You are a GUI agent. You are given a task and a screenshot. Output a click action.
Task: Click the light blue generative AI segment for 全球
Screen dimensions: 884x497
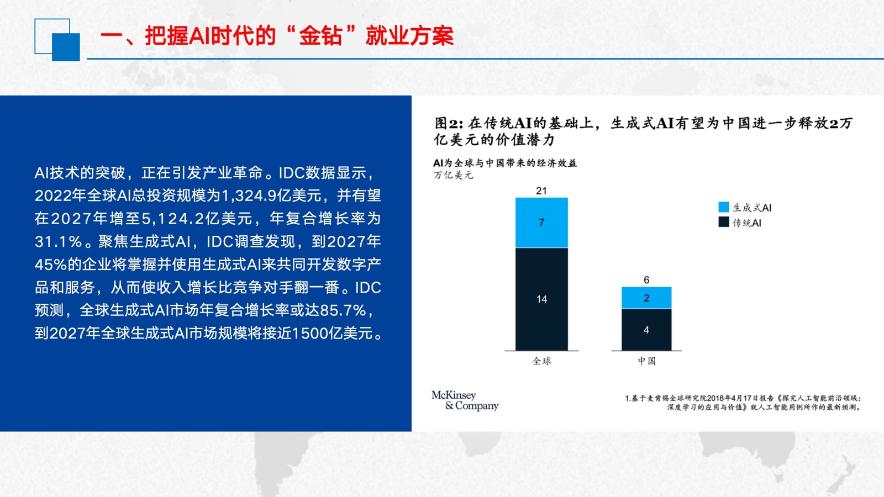point(541,223)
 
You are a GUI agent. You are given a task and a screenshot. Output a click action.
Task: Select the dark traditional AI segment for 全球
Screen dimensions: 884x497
point(541,299)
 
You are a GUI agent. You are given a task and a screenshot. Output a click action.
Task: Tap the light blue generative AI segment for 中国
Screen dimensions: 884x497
point(646,298)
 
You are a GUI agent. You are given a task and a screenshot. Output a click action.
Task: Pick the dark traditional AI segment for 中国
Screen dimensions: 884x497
point(646,330)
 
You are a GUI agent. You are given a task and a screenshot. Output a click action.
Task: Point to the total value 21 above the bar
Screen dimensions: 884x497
point(541,191)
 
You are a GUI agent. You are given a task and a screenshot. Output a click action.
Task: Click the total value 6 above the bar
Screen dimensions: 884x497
point(646,280)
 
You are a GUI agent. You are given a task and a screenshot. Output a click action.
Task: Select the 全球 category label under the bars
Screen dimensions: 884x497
point(542,361)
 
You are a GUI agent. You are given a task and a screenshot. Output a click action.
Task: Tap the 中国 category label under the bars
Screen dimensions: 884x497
point(647,361)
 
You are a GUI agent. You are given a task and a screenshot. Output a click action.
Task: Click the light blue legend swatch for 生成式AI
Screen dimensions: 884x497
point(724,207)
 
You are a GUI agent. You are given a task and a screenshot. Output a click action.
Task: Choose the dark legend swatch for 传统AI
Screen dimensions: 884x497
point(724,222)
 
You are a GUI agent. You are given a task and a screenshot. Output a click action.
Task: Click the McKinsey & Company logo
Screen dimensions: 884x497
point(465,401)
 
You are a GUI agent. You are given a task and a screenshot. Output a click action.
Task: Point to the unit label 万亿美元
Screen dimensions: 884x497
point(453,175)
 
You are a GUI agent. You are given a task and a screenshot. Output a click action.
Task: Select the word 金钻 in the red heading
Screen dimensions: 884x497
point(320,36)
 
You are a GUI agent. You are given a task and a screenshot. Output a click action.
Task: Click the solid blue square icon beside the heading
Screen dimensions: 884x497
point(66,47)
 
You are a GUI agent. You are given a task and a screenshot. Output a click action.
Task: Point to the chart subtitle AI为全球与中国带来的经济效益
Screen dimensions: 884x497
point(505,163)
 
